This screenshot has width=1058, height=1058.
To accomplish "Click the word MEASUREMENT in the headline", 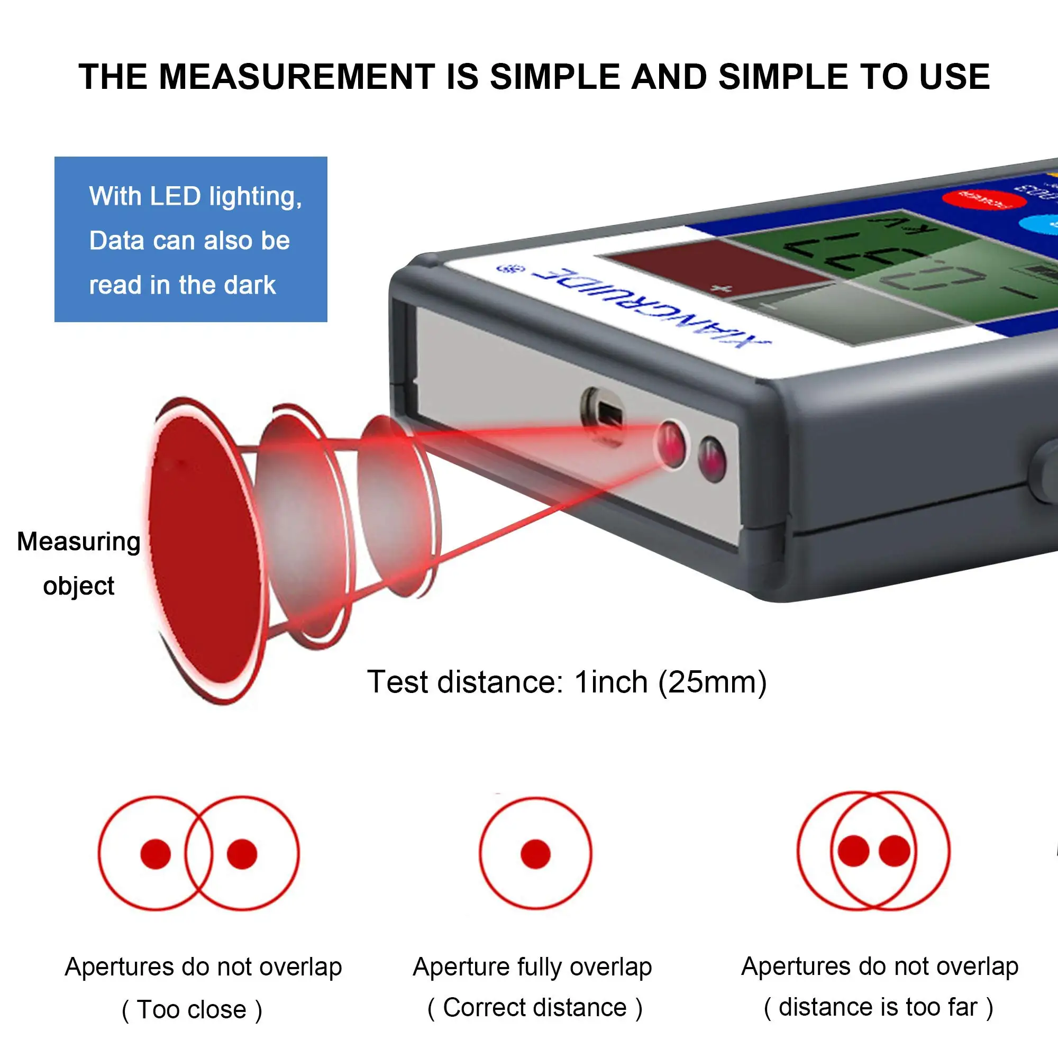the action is coord(296,77).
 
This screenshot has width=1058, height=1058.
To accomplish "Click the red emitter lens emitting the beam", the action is coord(671,444).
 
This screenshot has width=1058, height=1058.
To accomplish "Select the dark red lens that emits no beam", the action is coord(712,459).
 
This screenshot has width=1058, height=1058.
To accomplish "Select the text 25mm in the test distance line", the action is coord(712,682).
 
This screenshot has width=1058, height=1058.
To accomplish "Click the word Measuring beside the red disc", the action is coord(78,542).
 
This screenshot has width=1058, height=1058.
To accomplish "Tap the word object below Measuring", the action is coord(78,587).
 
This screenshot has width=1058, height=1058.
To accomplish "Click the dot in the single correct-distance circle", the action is coord(535,854).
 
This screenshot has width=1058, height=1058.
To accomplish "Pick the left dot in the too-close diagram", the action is coord(156,854).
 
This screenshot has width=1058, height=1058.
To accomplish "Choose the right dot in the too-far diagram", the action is coord(894,851).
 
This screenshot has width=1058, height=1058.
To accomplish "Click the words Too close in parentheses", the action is coord(191,1009).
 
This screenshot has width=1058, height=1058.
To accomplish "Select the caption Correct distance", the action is coord(534,1008).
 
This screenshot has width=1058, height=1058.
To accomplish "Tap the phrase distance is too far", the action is coord(878,1007).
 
